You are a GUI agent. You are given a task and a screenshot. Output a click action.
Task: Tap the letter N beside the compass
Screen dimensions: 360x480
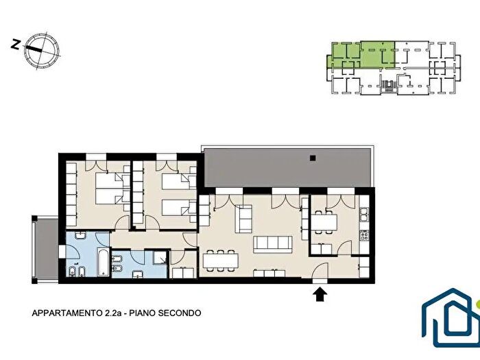[16, 45]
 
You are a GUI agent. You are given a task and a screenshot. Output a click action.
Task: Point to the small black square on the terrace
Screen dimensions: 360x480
[312, 158]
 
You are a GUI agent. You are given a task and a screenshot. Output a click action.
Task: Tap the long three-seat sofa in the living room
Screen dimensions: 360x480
[272, 243]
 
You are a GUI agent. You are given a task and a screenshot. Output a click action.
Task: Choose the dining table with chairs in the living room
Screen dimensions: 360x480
[220, 261]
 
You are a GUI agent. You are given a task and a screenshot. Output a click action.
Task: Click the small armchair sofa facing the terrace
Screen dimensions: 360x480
[243, 219]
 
